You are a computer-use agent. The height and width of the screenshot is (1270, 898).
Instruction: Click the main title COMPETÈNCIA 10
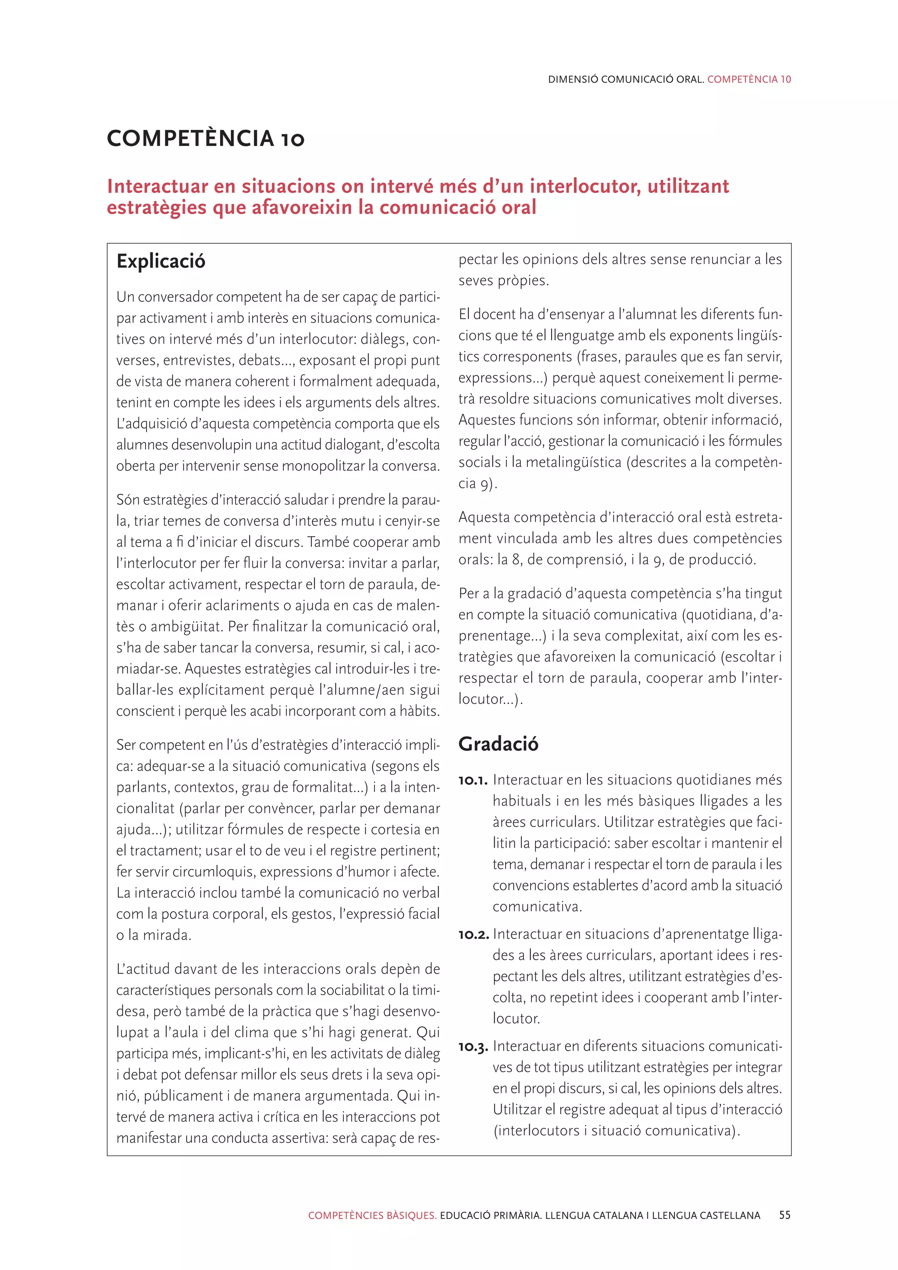coord(205,138)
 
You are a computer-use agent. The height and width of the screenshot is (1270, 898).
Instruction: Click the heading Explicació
coord(160,261)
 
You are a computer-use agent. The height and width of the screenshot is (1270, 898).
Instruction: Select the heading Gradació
coord(498,744)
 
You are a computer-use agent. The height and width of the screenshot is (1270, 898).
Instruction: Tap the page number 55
coord(784,1215)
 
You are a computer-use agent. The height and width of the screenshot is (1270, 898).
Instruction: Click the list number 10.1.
coord(473,781)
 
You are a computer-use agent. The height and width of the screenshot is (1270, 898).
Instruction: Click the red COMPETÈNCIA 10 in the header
coord(749,79)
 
